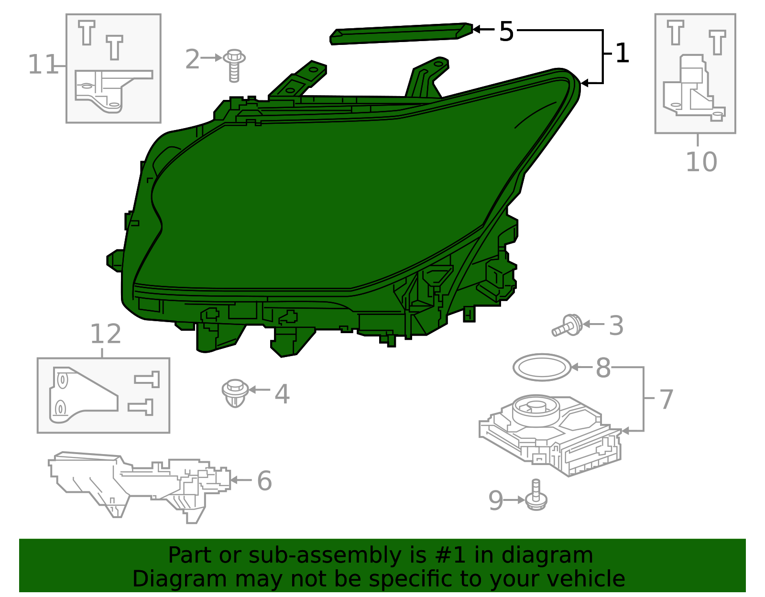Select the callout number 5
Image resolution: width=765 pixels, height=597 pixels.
[506, 32]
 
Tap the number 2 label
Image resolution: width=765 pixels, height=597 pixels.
[192, 59]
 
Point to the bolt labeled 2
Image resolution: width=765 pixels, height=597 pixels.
[234, 66]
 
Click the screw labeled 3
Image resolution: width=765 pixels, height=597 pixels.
[567, 326]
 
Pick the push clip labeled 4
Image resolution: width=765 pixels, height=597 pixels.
[235, 393]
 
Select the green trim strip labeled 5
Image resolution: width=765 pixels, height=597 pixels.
[401, 34]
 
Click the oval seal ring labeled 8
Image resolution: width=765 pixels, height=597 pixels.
[542, 367]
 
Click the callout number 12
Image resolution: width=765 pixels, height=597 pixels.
[106, 334]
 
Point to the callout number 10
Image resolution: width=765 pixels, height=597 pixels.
[701, 162]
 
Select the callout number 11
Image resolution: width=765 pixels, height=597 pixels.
[43, 65]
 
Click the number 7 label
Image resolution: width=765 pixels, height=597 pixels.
[666, 399]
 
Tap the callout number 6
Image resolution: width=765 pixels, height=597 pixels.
[264, 480]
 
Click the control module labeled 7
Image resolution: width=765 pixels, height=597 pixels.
[550, 435]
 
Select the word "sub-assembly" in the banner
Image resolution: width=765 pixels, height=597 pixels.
[325, 555]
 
